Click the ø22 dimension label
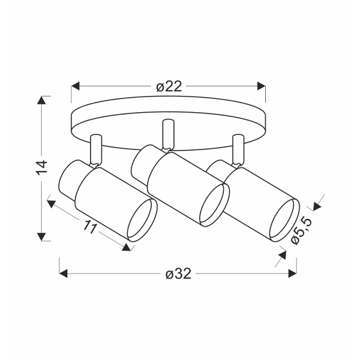169,86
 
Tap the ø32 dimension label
178,274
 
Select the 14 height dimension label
42,167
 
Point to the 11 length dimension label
90,227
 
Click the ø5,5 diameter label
301,231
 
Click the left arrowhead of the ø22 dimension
76,86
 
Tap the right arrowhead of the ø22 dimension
261,86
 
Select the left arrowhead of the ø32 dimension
63,274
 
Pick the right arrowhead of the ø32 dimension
293,274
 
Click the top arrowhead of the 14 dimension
41,100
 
